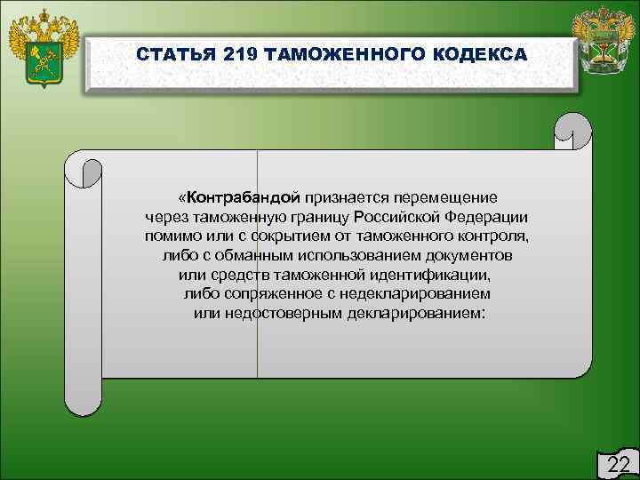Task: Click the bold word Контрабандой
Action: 243,196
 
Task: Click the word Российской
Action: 396,216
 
